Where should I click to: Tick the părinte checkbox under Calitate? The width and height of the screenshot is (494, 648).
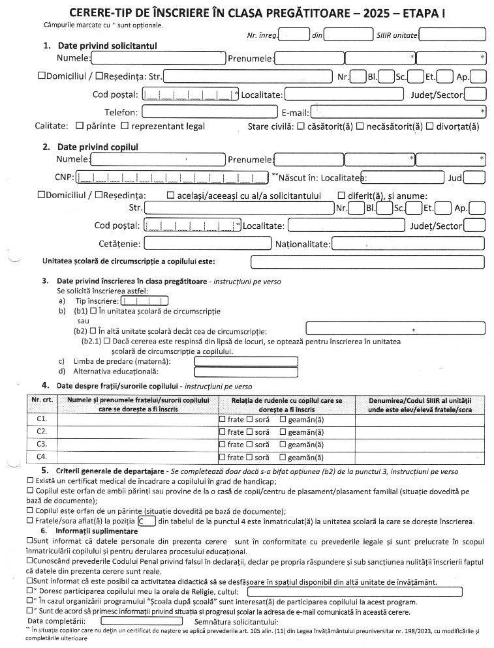coord(80,126)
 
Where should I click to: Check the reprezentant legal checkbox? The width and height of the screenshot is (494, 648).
coord(125,126)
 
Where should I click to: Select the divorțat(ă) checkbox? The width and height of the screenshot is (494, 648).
coord(429,126)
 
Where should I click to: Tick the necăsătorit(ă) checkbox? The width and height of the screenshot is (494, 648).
coord(360,126)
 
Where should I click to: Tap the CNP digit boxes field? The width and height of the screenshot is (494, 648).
coord(172,177)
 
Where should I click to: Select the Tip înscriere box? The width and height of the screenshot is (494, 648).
coord(144,301)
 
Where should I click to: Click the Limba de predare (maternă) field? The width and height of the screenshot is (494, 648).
coord(251,361)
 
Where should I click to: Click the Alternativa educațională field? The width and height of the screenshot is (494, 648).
coord(251,372)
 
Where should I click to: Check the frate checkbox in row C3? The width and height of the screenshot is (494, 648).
coord(223,445)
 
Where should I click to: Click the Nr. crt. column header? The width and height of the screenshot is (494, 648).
coord(42,398)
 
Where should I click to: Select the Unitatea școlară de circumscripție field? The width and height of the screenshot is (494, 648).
coord(367,262)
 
